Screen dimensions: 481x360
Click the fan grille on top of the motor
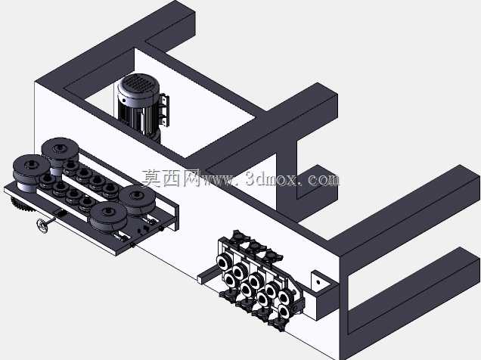138,82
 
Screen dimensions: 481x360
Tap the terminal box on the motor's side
163,111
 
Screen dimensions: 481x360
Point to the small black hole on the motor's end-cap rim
123,100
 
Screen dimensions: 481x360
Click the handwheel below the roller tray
43,226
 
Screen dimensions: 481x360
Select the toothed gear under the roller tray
22,205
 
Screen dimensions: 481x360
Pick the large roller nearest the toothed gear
30,172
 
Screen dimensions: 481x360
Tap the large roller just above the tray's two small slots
108,217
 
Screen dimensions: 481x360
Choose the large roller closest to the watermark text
137,200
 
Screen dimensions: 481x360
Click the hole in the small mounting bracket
318,282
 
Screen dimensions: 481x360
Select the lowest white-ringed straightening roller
283,312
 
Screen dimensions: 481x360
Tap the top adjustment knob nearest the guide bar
238,236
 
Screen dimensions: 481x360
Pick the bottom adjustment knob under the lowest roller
277,323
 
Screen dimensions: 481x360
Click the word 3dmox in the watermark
272,179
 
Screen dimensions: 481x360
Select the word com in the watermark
324,180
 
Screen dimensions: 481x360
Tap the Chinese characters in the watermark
171,178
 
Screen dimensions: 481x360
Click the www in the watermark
219,181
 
